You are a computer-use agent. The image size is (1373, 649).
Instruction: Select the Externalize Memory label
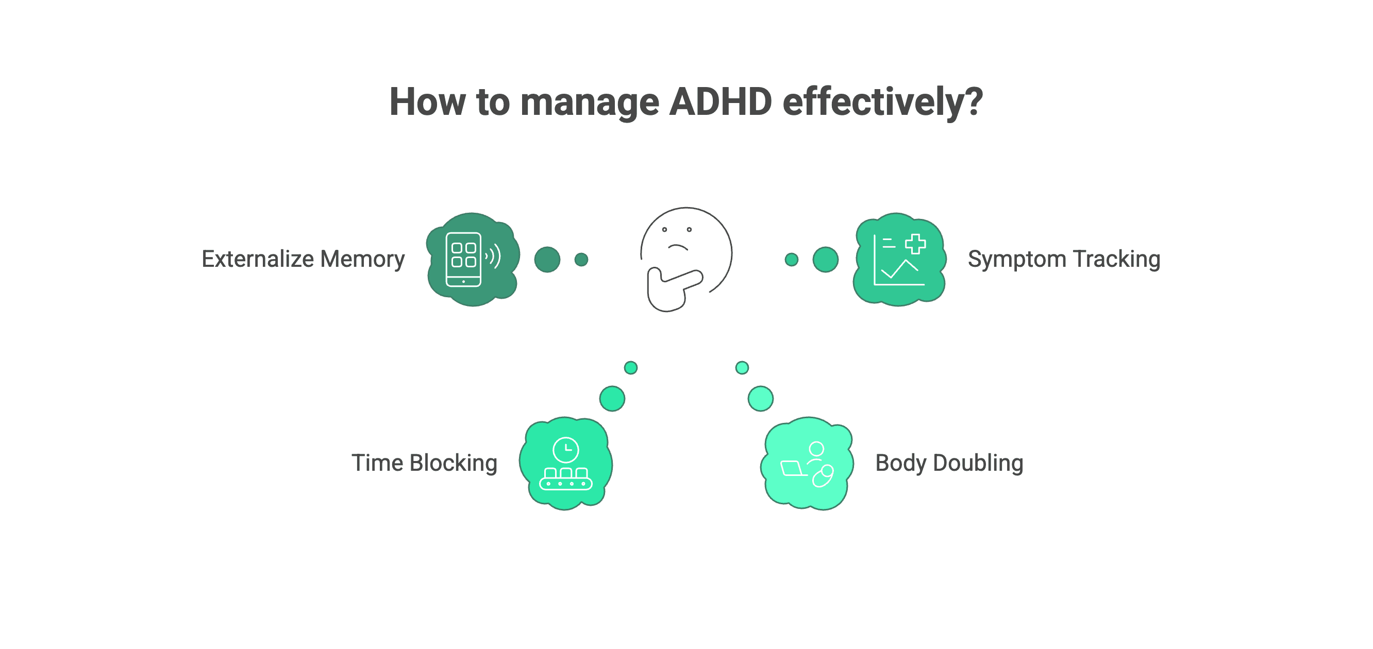tap(303, 259)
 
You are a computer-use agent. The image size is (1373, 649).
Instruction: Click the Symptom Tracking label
tap(1064, 259)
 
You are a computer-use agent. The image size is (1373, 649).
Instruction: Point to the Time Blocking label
tap(424, 463)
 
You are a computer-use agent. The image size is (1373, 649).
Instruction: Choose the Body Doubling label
tap(949, 463)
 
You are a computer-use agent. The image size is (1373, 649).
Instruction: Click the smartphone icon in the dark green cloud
tap(463, 260)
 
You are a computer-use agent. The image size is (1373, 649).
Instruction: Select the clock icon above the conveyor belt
tap(565, 450)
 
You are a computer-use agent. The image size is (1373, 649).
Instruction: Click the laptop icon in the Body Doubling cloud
tap(793, 468)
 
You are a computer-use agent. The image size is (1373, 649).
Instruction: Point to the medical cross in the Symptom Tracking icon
tap(915, 244)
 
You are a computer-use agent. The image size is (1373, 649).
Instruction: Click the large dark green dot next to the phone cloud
tap(547, 260)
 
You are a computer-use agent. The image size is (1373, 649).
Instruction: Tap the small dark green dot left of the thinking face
tap(581, 260)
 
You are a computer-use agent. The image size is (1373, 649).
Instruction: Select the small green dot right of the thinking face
tap(792, 260)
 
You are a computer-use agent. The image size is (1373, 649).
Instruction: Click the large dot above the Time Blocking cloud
tap(612, 399)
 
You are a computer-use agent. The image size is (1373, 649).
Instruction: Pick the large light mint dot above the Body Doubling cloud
tap(761, 399)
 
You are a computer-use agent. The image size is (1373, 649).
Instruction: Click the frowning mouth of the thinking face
tap(678, 247)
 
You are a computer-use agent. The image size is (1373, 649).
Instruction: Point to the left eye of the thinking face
tap(665, 230)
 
